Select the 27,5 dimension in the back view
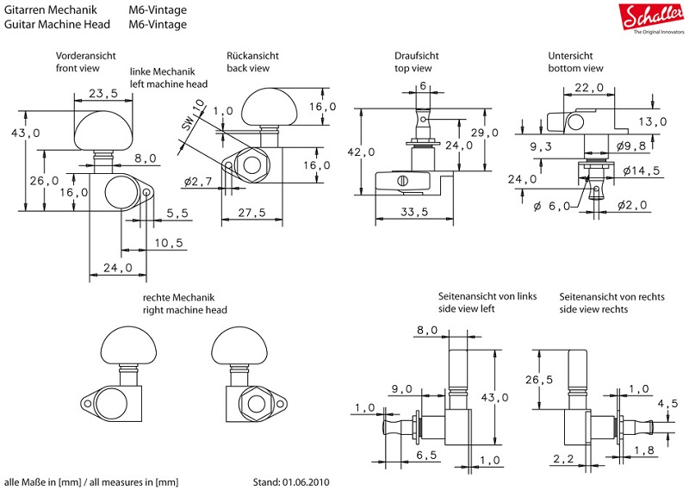point(251,212)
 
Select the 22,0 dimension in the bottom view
point(591,89)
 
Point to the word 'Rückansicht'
point(253,54)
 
